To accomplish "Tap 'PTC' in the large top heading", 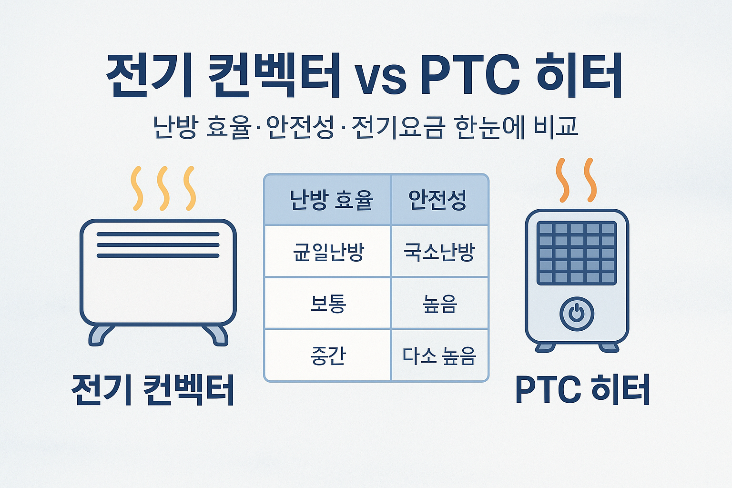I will (x=469, y=76).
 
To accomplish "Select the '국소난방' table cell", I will (x=439, y=252).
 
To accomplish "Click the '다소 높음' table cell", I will (x=439, y=356).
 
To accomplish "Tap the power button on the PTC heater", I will (x=577, y=314).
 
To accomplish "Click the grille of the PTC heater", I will (x=577, y=253).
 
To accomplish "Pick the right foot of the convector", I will (x=216, y=335).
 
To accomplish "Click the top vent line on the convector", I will (x=158, y=234).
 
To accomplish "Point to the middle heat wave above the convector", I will (x=163, y=188).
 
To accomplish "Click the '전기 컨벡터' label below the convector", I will (x=153, y=389).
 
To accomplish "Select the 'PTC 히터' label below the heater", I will (x=583, y=389).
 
